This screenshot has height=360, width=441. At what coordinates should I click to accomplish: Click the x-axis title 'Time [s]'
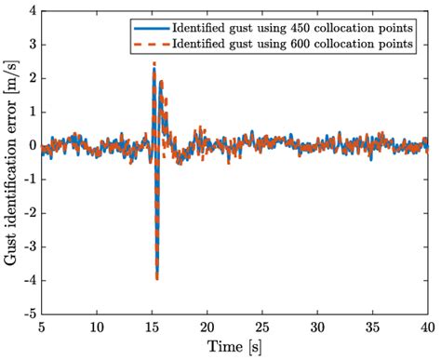click(234, 347)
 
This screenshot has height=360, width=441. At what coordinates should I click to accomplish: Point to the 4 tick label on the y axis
click(32, 12)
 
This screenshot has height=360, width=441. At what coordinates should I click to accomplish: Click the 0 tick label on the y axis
click(32, 146)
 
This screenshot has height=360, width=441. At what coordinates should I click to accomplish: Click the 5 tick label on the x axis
click(41, 327)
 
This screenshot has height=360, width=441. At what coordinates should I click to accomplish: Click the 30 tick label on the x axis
click(316, 327)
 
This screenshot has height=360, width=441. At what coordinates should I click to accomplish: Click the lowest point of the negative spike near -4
click(156, 278)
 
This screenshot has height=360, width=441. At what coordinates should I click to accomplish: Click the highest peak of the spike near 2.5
click(154, 63)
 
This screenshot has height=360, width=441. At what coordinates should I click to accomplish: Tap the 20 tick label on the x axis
click(207, 327)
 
